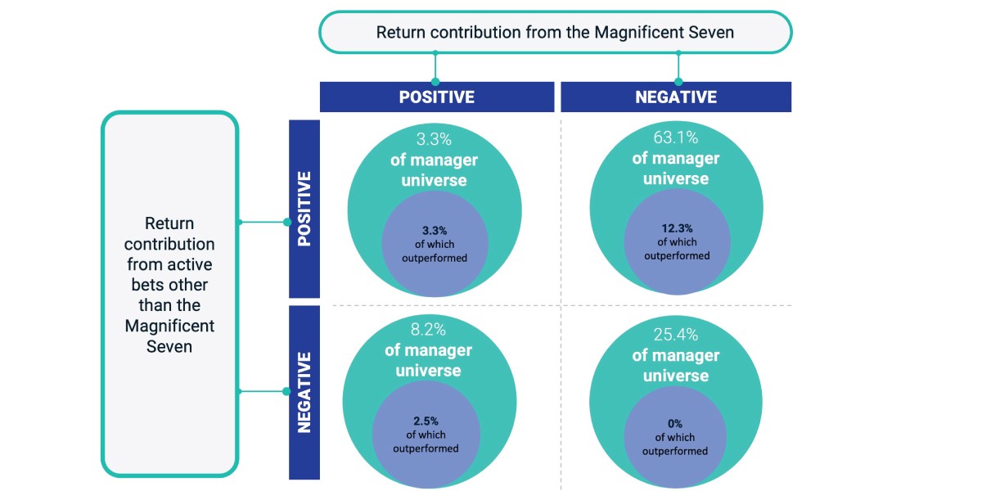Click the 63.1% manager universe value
pos(676,137)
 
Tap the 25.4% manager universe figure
pos(676,335)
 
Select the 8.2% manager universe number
pos(428,330)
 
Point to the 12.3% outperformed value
pos(677,228)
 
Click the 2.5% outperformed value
pos(426,421)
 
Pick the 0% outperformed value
pos(674,424)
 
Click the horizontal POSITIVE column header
pos(437,97)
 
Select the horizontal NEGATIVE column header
pos(676,97)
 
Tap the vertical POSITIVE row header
pos(304,209)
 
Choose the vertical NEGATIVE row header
pos(304,393)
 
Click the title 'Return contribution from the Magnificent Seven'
pos(555,33)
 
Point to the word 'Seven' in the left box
pos(169,347)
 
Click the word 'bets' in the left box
pos(148,285)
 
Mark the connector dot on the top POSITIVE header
pos(435,82)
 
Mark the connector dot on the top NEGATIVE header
pos(678,82)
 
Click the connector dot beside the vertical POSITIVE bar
pos(287,223)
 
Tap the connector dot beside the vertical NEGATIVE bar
pos(286,391)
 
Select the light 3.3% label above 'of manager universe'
pos(434,139)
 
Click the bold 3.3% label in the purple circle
pos(435,231)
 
